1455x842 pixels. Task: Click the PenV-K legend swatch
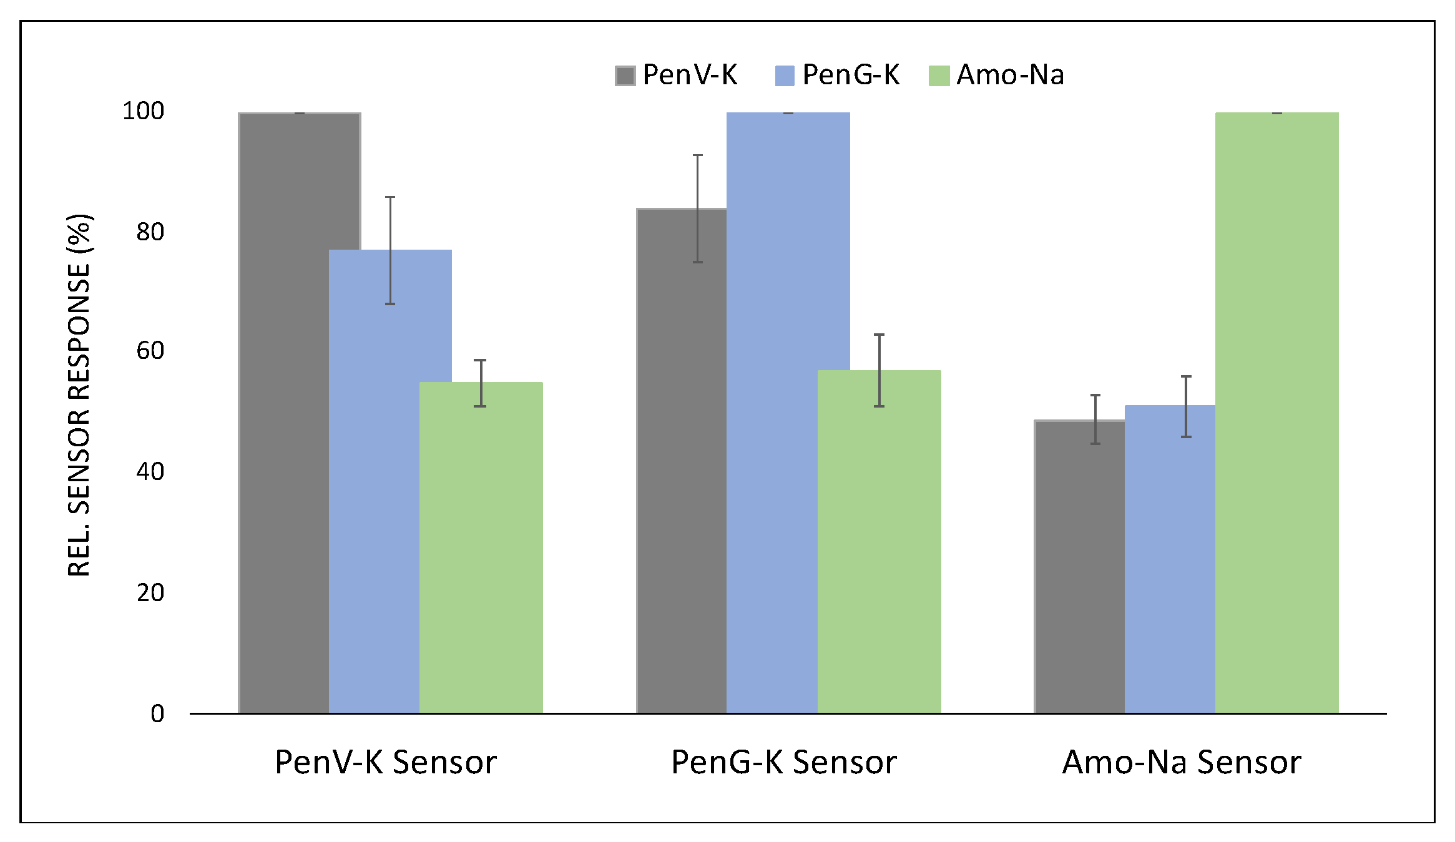pos(625,76)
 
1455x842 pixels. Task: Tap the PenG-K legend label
pos(850,75)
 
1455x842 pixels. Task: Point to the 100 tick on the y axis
pos(143,111)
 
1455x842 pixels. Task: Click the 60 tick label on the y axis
pos(150,351)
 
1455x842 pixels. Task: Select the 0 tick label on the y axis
pos(157,713)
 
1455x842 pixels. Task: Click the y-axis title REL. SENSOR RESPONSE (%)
pos(79,395)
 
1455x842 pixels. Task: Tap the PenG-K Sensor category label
pos(783,762)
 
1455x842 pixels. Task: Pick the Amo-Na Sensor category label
pos(1181,762)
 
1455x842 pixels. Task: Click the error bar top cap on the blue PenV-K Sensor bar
pos(390,197)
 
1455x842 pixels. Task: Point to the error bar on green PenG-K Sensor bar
pos(879,370)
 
